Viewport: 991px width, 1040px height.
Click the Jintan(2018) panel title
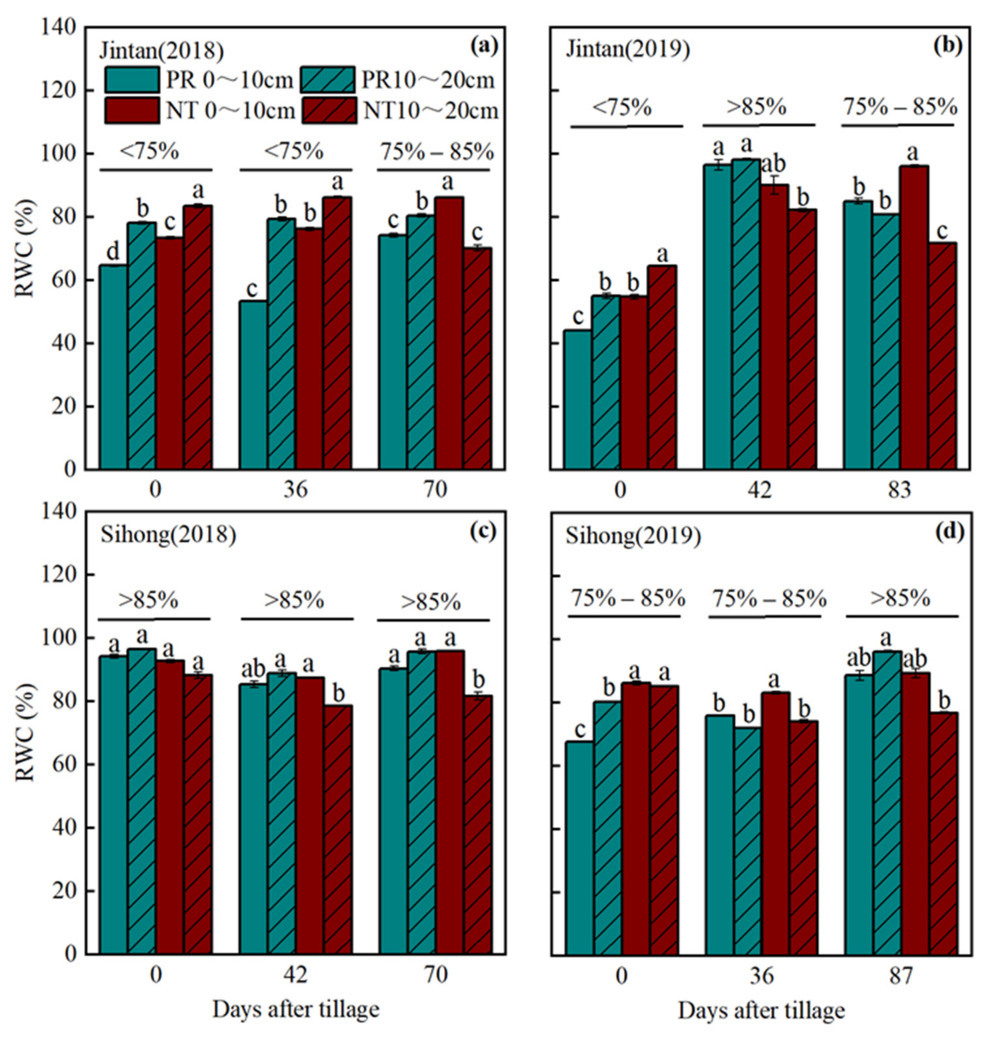click(x=162, y=51)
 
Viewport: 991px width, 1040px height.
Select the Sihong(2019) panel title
click(x=633, y=536)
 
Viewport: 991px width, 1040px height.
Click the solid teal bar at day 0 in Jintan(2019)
click(x=577, y=400)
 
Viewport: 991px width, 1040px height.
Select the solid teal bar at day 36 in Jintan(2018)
click(x=253, y=385)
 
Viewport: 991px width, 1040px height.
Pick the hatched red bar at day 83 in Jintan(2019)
click(x=942, y=356)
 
